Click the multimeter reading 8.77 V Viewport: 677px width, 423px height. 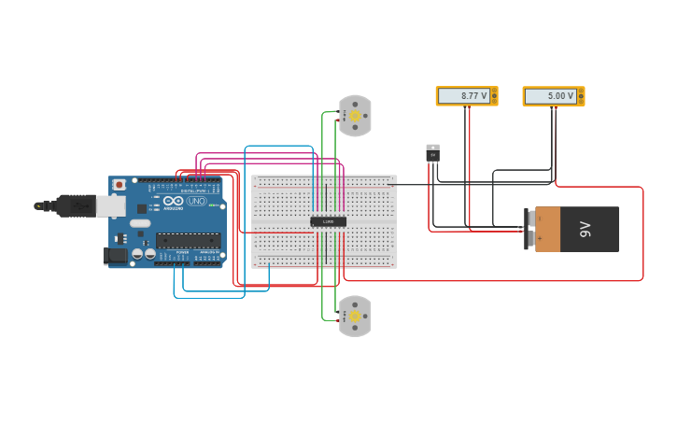[x=466, y=96]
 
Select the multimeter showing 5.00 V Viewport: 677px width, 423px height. [x=553, y=96]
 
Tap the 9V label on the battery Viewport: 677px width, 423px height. [x=585, y=229]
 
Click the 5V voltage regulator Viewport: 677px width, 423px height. [x=432, y=152]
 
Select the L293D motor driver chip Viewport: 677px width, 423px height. [x=328, y=221]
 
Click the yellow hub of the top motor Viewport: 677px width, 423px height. [x=355, y=115]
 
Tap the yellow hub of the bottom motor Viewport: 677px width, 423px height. [x=355, y=317]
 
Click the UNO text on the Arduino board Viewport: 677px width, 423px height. [x=196, y=201]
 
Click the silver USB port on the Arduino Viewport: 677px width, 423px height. [x=111, y=205]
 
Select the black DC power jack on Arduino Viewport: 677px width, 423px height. [x=117, y=255]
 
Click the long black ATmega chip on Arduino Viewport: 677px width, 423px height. [x=189, y=240]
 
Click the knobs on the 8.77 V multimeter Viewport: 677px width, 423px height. [x=494, y=96]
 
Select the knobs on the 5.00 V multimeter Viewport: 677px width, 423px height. [x=581, y=96]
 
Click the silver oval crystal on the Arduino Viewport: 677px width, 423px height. [x=140, y=223]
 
